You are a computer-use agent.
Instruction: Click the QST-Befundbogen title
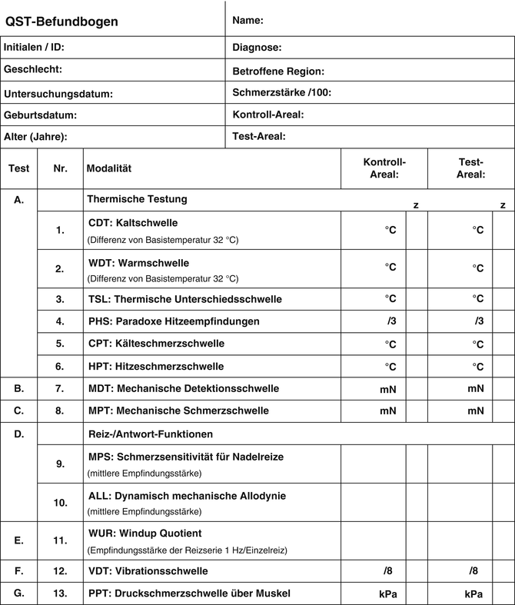[61, 22]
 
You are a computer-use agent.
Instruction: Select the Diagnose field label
[257, 48]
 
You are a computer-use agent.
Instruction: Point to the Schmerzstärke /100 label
[281, 93]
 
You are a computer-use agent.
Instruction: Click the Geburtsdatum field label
[41, 115]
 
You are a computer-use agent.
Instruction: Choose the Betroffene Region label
[278, 71]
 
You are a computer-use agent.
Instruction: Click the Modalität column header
[110, 168]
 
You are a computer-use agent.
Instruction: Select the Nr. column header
[61, 168]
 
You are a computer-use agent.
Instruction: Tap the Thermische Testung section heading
[137, 199]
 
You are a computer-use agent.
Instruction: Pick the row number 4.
[60, 321]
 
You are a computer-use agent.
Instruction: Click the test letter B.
[19, 388]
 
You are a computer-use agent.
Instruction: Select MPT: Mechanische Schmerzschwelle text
[178, 411]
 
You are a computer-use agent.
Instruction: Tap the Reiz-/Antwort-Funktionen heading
[151, 434]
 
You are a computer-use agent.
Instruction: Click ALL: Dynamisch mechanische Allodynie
[187, 496]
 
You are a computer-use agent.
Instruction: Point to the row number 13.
[60, 593]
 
